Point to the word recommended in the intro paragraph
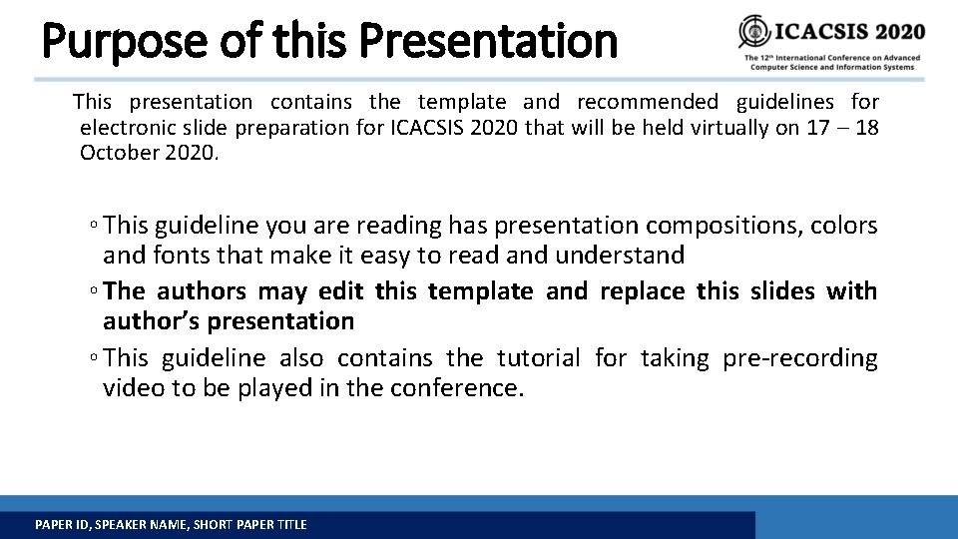(647, 102)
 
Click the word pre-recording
(801, 358)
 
